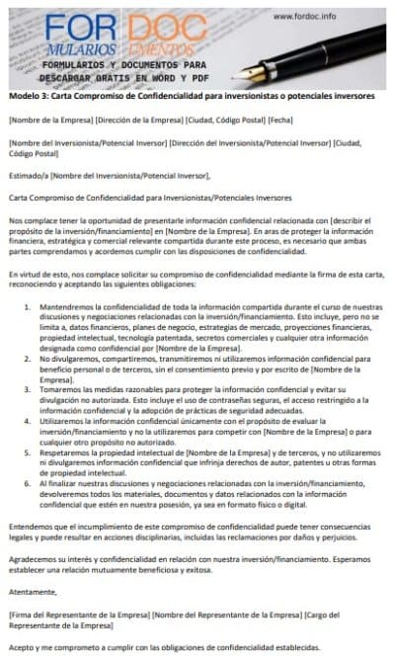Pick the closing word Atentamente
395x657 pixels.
pos(32,592)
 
